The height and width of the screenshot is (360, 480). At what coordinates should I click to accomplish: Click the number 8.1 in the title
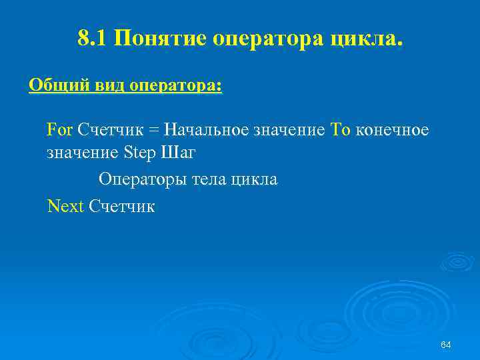[x=93, y=39]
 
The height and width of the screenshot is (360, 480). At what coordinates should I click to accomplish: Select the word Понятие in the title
[x=160, y=39]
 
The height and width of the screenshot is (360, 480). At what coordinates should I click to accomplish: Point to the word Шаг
[x=178, y=153]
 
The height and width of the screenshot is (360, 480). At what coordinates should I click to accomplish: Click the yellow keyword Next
[x=65, y=206]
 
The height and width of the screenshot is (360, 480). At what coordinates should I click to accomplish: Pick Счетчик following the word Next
[x=121, y=206]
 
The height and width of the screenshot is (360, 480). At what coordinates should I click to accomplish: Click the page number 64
[x=446, y=344]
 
